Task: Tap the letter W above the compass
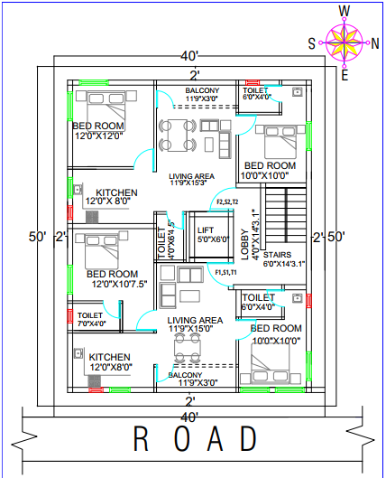click(345, 10)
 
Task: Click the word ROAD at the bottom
click(195, 439)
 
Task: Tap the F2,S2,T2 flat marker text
click(226, 202)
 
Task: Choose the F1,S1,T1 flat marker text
click(225, 272)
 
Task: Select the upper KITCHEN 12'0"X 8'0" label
click(115, 197)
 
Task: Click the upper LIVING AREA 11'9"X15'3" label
click(191, 178)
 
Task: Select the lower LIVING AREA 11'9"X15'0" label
click(195, 324)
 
